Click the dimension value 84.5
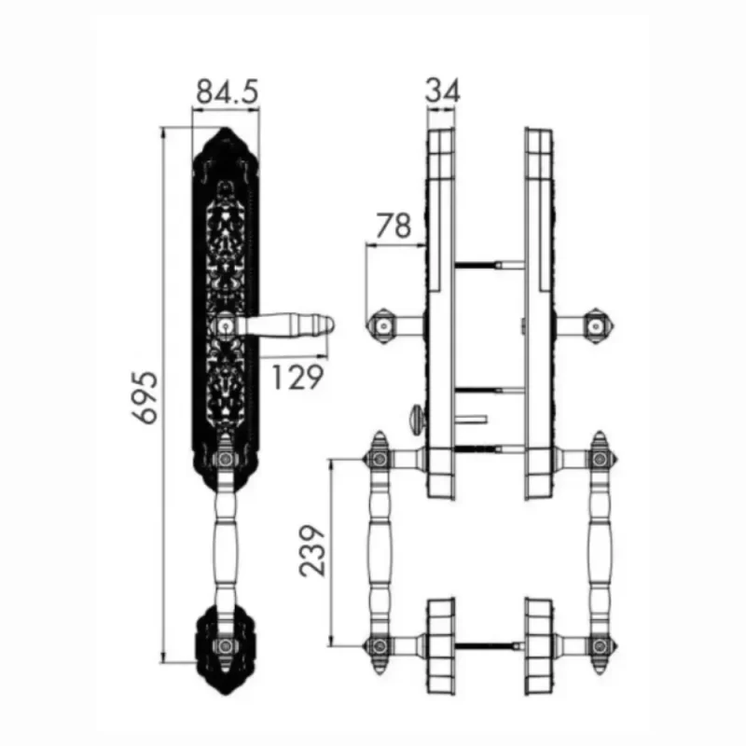tap(228, 91)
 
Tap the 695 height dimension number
tap(145, 397)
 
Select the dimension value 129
tap(297, 378)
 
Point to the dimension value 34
tap(442, 90)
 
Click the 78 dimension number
tap(394, 226)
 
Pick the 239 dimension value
tap(312, 551)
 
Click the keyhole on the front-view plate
tap(226, 326)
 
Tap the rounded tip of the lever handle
tap(329, 325)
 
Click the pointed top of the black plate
tap(225, 129)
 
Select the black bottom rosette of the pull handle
tap(225, 649)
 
